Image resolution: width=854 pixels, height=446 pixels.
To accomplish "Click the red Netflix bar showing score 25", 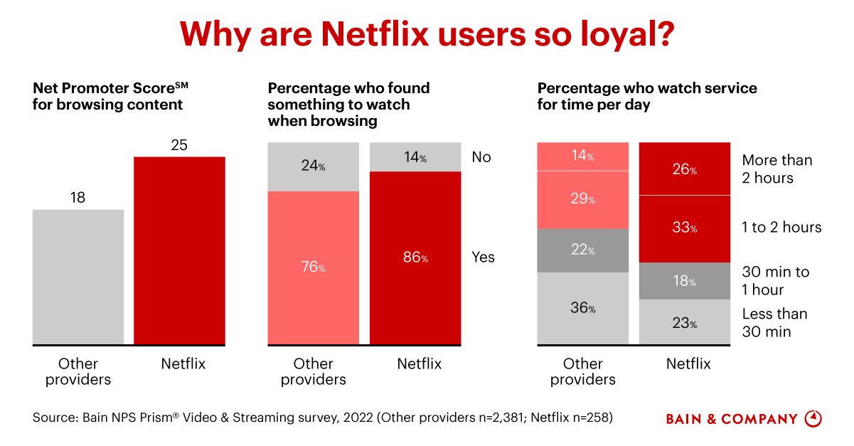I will [179, 250].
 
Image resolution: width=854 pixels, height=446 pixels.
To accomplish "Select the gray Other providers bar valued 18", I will [78, 277].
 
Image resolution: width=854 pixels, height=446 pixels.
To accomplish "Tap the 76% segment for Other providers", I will [313, 267].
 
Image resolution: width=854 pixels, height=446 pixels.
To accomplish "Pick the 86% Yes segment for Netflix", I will [415, 257].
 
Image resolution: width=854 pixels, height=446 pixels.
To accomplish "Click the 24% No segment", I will [313, 166].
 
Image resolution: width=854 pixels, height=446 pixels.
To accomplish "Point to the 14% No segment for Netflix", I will [415, 157].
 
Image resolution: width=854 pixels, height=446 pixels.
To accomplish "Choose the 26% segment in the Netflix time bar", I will [685, 169].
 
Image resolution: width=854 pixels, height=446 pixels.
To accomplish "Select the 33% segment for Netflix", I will [685, 228].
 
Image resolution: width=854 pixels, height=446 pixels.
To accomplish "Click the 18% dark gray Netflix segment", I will [685, 280].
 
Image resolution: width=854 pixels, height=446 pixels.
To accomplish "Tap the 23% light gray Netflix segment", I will [685, 322].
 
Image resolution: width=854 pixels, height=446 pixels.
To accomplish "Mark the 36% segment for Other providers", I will [582, 308].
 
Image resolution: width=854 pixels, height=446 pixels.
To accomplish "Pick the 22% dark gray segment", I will [582, 250].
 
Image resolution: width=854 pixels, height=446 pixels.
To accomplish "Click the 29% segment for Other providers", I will [582, 199].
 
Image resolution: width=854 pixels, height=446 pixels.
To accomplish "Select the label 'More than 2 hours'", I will [776, 169].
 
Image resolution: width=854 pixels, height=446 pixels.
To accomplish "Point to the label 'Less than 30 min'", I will [774, 322].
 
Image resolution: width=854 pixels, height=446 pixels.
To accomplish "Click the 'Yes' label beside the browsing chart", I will [483, 257].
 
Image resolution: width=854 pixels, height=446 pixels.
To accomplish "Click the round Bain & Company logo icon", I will [813, 418].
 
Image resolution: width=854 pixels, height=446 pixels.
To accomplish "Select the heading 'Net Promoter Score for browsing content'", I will [111, 96].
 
